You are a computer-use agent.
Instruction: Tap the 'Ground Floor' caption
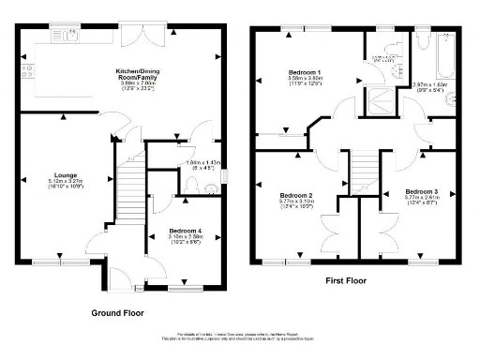tap(116, 311)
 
